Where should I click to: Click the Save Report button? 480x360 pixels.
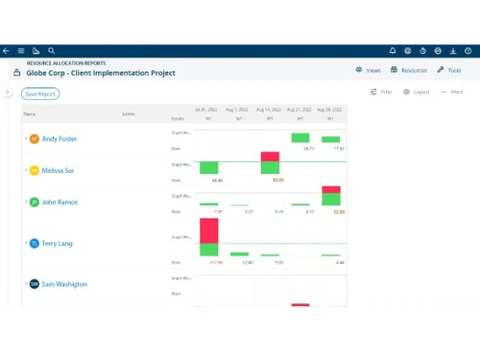(41, 94)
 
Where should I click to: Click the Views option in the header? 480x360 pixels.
(369, 70)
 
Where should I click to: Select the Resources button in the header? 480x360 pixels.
(409, 70)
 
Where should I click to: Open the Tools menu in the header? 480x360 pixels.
(449, 70)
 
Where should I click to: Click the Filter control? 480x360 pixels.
(381, 92)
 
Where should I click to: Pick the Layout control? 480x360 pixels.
(417, 92)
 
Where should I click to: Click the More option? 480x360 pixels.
(452, 92)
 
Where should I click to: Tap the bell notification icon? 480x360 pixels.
(393, 50)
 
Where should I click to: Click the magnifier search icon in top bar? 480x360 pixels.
(51, 50)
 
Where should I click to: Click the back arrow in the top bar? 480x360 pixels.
(7, 50)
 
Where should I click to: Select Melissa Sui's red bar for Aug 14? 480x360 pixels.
(271, 156)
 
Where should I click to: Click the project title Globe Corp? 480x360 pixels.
(101, 72)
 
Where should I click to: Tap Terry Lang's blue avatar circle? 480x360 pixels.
(35, 244)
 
